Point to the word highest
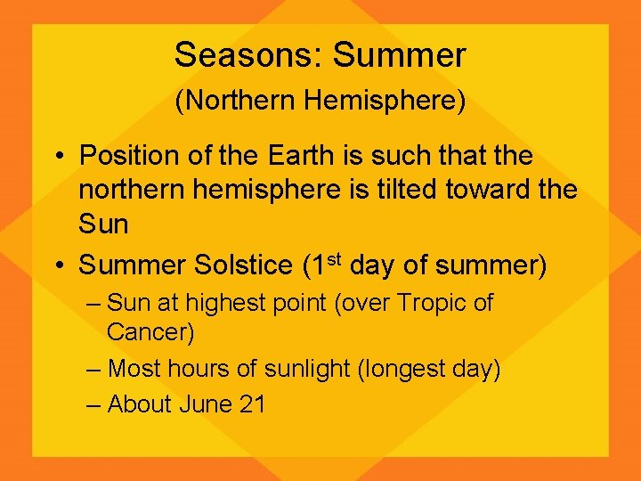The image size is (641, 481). coord(224,304)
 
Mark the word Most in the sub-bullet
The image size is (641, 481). coord(135,369)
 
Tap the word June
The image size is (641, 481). coord(207,404)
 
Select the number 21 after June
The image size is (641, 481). coord(252,404)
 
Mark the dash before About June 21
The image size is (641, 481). coord(94,404)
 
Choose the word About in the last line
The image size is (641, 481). coord(139,404)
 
